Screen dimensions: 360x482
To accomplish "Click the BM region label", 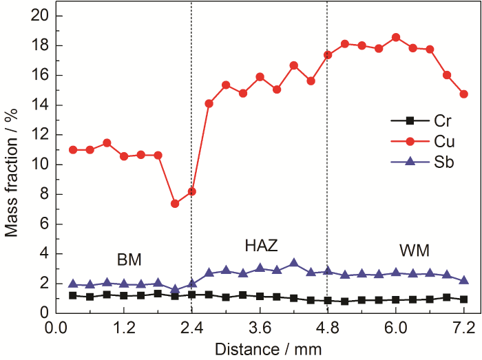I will coord(129,259).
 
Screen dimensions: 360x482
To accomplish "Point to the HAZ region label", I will coord(262,245).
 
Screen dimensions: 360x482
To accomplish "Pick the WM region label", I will coord(412,247).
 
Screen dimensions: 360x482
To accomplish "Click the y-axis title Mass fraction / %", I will coord(12,163).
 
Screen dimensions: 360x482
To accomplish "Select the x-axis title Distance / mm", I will coord(260,349).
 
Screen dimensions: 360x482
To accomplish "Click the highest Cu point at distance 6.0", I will coord(396,37).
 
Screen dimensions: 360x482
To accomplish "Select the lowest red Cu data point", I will coord(175,204).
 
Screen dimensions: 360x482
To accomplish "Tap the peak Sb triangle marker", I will coord(294,263).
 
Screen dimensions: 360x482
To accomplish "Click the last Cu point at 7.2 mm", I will coord(463,94).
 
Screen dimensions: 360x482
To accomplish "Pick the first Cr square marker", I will coord(73,295).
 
